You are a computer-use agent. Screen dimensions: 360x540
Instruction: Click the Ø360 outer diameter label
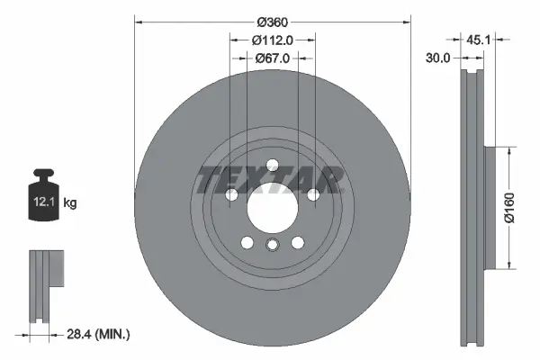(272, 22)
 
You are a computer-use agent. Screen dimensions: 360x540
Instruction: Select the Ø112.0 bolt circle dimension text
(272, 40)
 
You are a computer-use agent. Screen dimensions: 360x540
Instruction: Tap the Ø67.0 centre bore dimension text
(272, 58)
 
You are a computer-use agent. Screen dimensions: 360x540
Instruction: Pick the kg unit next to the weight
(70, 204)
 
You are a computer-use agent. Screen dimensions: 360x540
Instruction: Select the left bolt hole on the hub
(230, 194)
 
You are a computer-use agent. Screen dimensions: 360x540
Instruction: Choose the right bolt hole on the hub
(313, 194)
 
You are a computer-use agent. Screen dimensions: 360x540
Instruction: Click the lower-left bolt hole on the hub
(247, 241)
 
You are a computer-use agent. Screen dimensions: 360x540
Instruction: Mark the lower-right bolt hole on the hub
(298, 241)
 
